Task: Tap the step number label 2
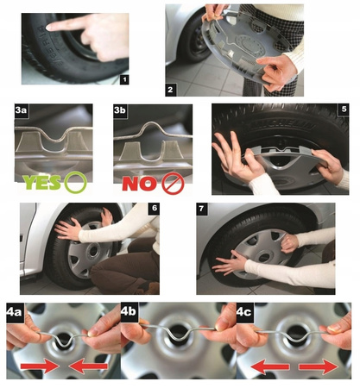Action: click(172, 89)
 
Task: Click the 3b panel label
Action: click(123, 113)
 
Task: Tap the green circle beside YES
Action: click(78, 182)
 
